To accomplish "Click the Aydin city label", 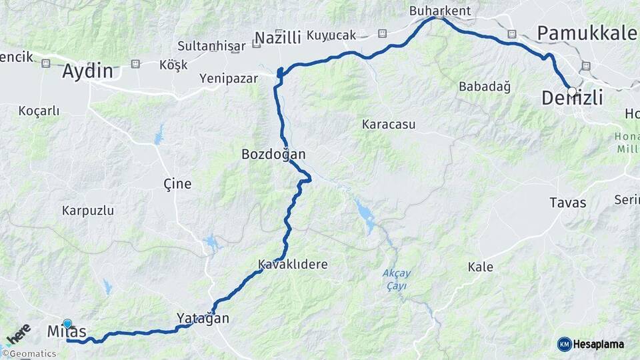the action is coord(87,71).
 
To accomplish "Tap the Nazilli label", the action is coord(277,37).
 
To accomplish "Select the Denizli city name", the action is coord(572,99).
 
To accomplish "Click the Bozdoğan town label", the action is coord(273,155).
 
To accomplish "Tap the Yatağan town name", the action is coord(203,319).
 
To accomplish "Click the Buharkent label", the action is coord(439,11).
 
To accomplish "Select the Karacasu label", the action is coord(388,124).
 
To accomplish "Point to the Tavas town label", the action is coord(567,203).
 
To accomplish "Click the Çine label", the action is coord(177,184).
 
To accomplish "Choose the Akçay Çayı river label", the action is coord(395,279).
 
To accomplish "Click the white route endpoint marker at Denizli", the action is coord(572,91).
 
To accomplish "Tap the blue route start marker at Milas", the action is coord(67,324).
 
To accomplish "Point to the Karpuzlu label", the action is coord(88,211).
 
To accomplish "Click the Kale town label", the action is coord(480,267).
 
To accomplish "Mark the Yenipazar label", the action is coord(229,79).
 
